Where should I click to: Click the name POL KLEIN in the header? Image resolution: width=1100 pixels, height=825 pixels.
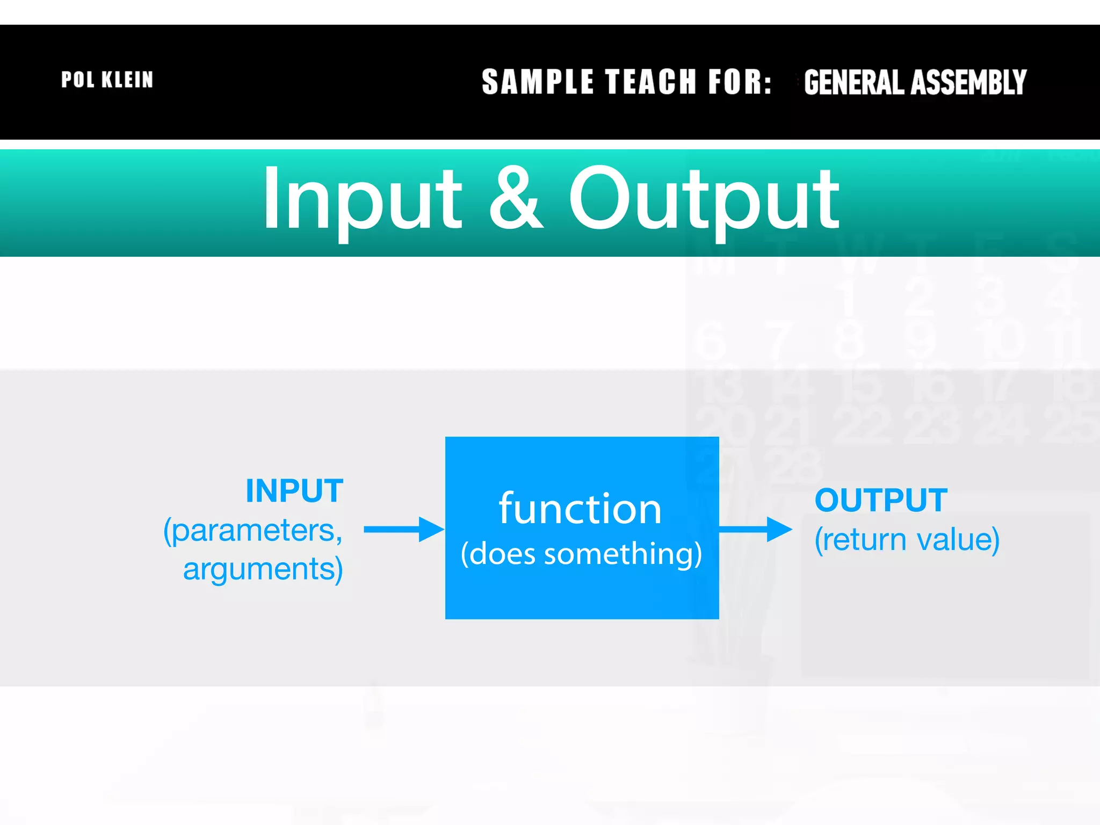pyautogui.click(x=107, y=80)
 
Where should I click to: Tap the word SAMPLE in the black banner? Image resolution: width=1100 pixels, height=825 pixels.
pyautogui.click(x=537, y=82)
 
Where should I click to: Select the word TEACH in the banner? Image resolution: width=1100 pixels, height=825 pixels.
pyautogui.click(x=651, y=82)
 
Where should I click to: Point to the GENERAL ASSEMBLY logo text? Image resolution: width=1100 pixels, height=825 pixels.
pyautogui.click(x=915, y=83)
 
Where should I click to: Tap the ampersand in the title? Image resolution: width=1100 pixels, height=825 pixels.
pyautogui.click(x=515, y=199)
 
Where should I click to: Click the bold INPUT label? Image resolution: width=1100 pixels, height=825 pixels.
pyautogui.click(x=294, y=490)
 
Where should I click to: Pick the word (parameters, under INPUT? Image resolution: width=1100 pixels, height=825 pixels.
pyautogui.click(x=253, y=531)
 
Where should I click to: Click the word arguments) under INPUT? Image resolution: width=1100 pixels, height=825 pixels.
pyautogui.click(x=263, y=569)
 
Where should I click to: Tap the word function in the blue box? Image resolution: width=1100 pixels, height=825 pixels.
pyautogui.click(x=580, y=509)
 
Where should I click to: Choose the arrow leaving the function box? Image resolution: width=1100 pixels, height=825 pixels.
pyautogui.click(x=755, y=530)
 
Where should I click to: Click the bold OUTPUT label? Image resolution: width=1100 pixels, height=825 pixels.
pyautogui.click(x=881, y=500)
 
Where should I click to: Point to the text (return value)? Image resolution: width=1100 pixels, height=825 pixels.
pyautogui.click(x=907, y=540)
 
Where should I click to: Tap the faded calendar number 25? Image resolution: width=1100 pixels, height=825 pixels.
pyautogui.click(x=1069, y=425)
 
